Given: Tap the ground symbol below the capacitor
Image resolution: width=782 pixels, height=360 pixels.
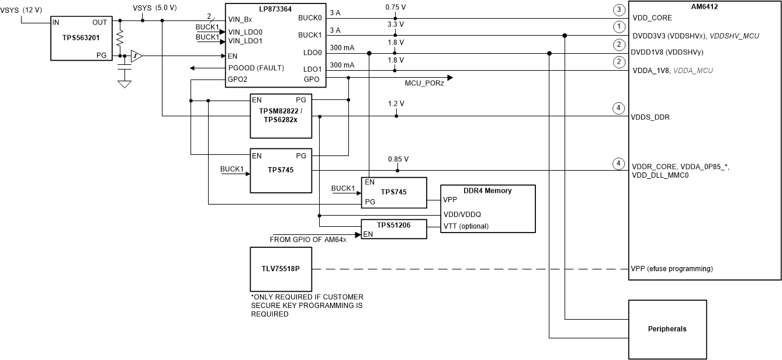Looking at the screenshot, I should tap(124, 84).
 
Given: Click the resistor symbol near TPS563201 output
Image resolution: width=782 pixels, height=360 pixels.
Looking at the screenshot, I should tap(120, 38).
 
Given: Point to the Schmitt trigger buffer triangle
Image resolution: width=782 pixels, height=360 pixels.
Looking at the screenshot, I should tap(136, 56).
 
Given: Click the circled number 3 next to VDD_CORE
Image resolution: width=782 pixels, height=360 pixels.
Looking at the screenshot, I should tap(617, 9).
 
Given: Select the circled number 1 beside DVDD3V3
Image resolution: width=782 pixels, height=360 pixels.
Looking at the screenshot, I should tap(617, 26).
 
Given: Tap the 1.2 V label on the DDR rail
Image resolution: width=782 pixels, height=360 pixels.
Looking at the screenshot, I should tap(396, 104).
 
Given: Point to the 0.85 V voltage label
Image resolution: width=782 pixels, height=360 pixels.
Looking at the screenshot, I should tap(397, 159).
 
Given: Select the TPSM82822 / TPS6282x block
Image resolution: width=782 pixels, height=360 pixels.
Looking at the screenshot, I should tap(281, 116).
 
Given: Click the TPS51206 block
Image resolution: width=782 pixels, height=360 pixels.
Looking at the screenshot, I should tap(395, 229).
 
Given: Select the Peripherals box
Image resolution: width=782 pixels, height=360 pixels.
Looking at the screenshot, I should tap(667, 329).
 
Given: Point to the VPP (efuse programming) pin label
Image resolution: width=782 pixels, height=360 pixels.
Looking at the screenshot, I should tap(672, 269).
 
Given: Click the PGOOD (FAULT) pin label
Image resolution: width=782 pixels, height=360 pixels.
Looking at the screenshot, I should tap(256, 68).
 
